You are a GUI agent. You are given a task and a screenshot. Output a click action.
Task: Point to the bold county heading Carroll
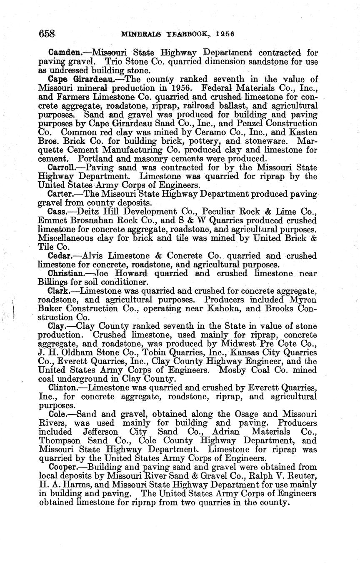(63, 167)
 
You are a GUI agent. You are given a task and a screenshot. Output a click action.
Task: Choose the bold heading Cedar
(61, 255)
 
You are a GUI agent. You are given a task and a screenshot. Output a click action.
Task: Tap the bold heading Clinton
(64, 387)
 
